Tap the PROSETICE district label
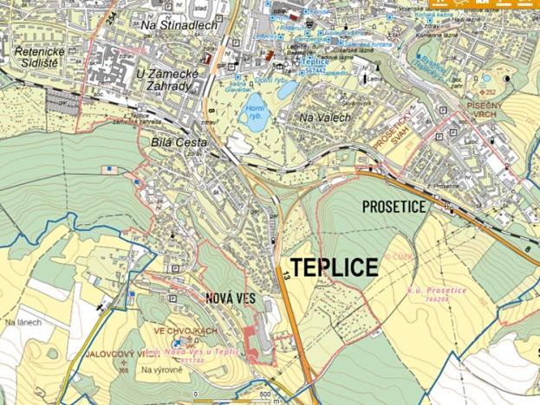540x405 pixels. tap(394, 208)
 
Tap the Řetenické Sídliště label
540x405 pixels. tap(34, 57)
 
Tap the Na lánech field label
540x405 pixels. tap(23, 322)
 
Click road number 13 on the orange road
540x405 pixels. tap(284, 275)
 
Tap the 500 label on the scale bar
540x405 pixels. tap(263, 395)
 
